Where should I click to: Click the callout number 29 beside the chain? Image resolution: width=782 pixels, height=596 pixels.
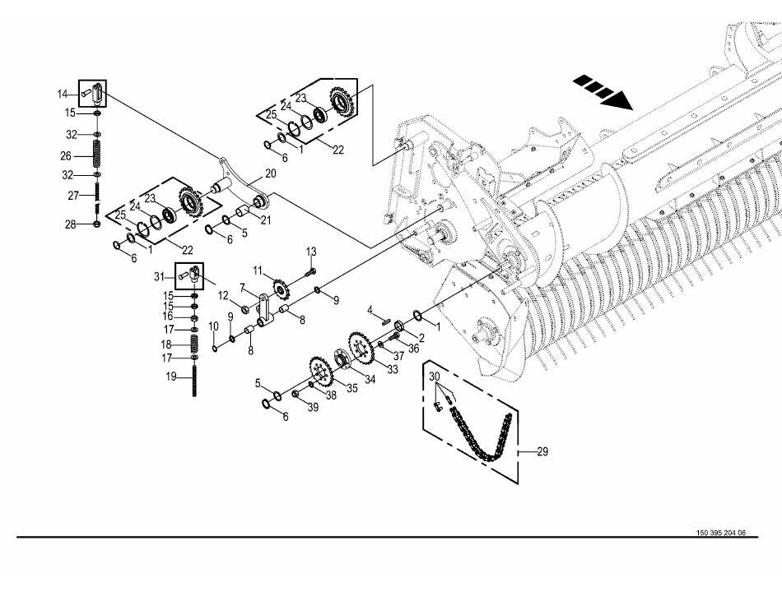(542, 451)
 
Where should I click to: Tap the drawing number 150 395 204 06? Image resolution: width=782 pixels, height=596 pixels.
(720, 533)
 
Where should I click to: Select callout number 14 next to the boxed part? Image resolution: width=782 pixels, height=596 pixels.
(63, 94)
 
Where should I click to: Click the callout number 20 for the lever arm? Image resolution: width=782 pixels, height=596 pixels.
(270, 173)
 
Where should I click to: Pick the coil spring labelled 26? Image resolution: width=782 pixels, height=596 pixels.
(97, 155)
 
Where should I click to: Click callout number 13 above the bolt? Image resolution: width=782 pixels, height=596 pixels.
(310, 252)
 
